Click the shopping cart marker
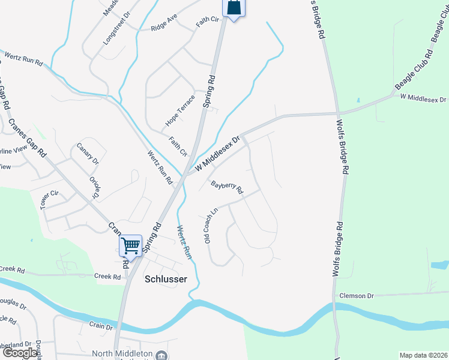click(x=130, y=245)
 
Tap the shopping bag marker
click(x=234, y=8)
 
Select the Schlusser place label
click(x=166, y=279)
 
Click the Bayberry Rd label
click(x=227, y=187)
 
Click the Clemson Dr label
click(x=357, y=296)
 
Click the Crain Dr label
click(x=101, y=326)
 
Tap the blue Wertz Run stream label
click(x=184, y=242)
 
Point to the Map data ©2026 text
click(x=423, y=355)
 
